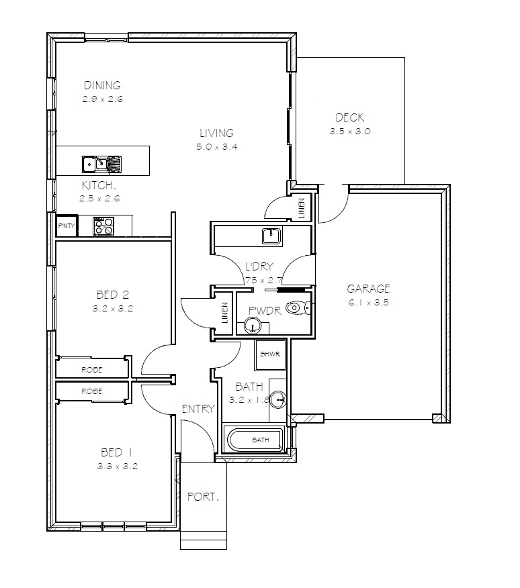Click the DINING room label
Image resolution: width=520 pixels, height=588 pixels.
102,85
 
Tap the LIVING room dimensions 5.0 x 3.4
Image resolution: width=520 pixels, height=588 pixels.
216,146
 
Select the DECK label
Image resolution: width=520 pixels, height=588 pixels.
350,118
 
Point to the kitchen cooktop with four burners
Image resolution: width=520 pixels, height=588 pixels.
103,226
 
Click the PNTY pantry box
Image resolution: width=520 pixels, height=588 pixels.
67,226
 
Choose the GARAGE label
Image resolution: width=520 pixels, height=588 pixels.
368,289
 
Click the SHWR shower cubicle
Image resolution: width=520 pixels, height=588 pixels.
271,354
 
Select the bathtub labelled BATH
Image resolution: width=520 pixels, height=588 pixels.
259,440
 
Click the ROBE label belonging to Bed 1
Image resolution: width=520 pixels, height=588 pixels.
91,391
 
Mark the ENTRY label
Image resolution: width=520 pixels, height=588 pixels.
198,408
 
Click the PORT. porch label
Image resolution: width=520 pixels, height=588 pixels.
203,498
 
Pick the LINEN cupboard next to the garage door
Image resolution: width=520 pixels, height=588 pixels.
302,208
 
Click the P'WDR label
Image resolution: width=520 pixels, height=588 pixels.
263,310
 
